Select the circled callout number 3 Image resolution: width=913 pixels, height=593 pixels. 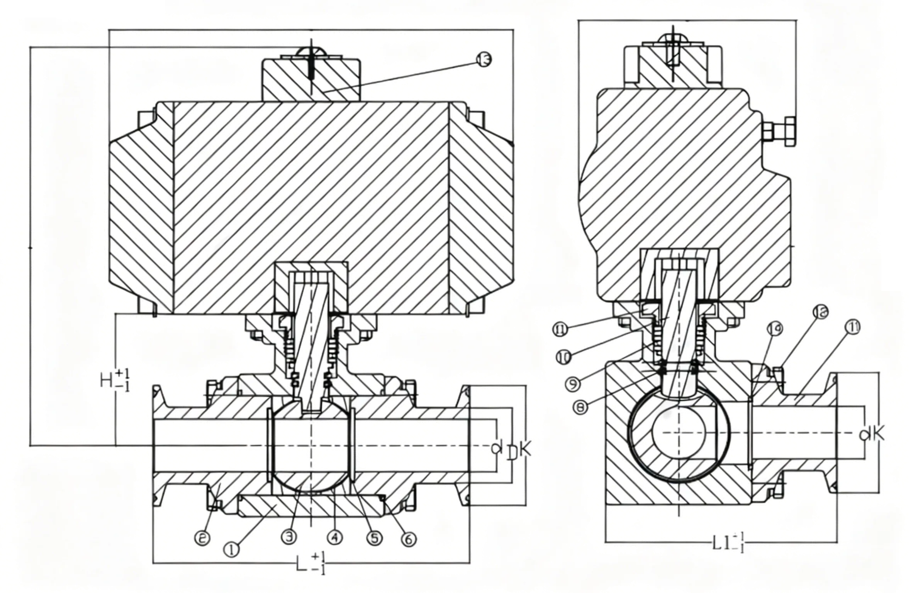pos(289,536)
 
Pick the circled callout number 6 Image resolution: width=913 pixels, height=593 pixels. pos(409,539)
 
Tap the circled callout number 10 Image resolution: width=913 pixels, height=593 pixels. pos(563,357)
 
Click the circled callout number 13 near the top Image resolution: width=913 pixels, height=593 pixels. pos(484,60)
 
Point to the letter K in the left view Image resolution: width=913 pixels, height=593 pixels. pos(526,449)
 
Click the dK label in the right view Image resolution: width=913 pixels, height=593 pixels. pos(873,434)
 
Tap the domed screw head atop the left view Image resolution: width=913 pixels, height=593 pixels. pos(311,52)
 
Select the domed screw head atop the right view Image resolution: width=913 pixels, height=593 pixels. pos(673,39)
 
